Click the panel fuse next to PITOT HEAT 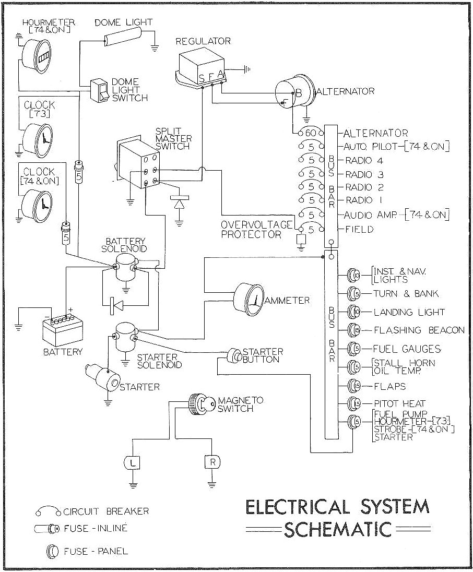point(355,403)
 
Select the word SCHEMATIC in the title point(337,529)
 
